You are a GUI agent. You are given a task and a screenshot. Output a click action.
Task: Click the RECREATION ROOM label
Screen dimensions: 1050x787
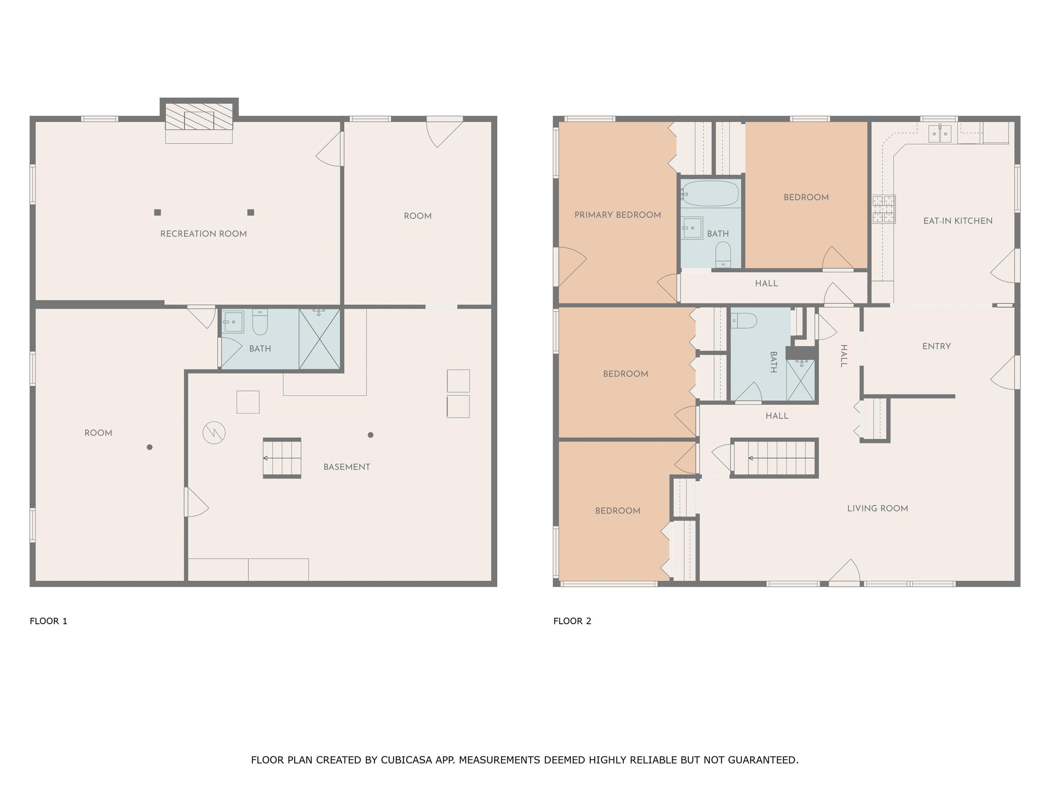pos(203,234)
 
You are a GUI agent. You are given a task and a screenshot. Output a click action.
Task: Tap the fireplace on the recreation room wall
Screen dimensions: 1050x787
pos(199,116)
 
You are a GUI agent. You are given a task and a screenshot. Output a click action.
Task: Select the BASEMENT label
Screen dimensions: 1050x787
pos(347,467)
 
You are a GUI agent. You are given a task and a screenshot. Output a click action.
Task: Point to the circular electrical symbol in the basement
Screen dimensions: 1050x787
pos(214,432)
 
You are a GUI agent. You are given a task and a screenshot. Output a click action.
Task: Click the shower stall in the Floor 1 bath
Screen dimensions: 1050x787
pos(319,339)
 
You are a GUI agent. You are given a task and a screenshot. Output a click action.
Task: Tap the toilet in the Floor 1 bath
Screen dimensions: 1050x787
pos(260,321)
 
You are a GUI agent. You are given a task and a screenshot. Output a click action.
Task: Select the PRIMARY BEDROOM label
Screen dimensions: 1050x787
pos(618,215)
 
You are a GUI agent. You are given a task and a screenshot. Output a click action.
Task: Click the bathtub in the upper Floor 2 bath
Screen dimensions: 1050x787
pos(711,194)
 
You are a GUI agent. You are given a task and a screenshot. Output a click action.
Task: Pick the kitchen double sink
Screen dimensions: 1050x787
pos(940,133)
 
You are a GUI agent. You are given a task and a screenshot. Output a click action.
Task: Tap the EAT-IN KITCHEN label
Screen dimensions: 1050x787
pos(958,221)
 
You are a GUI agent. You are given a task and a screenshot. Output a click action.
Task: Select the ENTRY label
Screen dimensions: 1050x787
pos(937,347)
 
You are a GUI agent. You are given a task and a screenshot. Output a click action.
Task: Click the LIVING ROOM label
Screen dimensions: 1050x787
pos(877,508)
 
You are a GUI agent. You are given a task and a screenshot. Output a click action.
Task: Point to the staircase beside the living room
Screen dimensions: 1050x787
pos(774,458)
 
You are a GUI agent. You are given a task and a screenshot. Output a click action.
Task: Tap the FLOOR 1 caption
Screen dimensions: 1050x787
pos(48,621)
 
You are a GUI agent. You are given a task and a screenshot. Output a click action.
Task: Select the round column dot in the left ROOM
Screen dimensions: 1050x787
pos(150,447)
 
